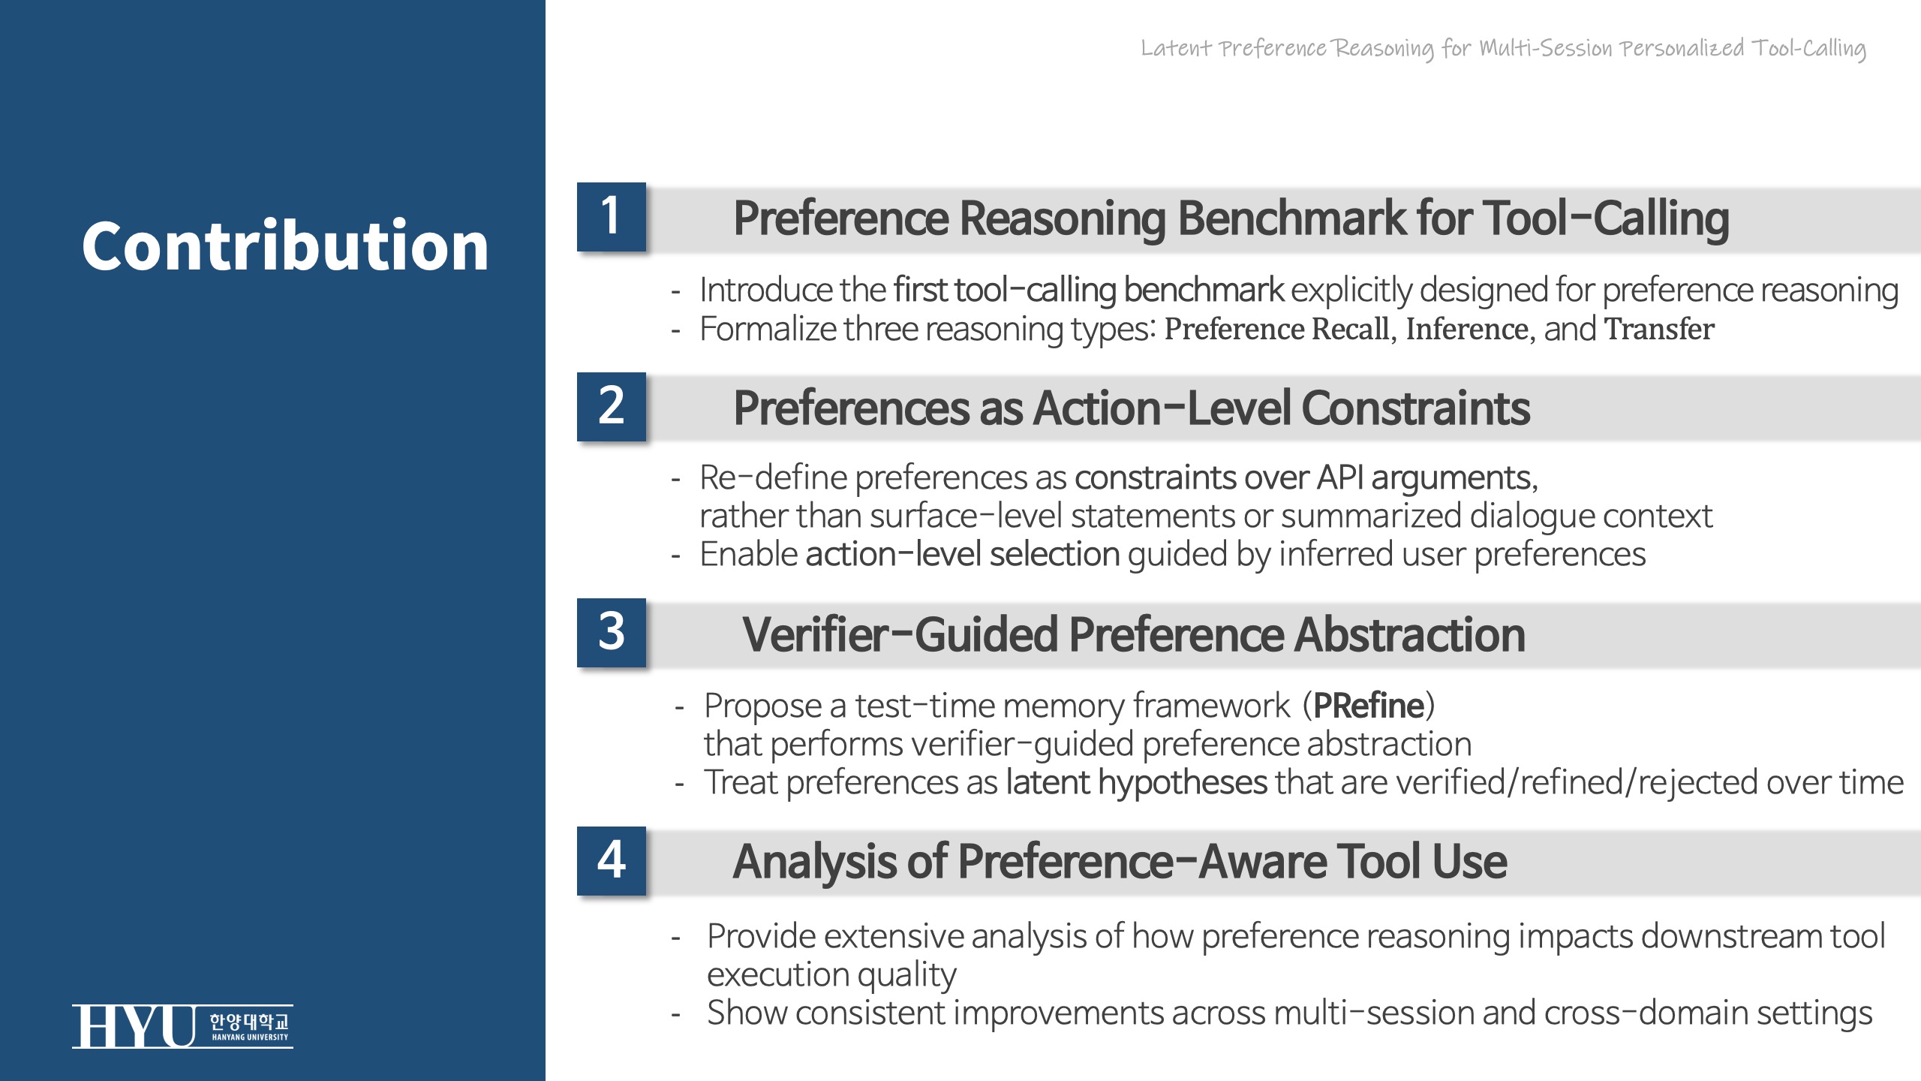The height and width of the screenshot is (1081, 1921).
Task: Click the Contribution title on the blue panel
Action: coord(285,245)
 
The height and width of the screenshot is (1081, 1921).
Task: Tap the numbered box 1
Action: coord(611,216)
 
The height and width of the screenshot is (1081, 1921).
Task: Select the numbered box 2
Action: coord(611,406)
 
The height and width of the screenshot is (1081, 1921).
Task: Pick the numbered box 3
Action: coord(611,632)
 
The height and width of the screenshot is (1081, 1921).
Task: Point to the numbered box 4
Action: coord(611,860)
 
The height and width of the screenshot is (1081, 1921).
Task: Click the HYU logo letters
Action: coord(134,1026)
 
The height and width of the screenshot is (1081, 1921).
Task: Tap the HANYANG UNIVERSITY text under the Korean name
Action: coord(250,1037)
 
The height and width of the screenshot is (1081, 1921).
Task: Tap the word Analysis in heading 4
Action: coord(814,863)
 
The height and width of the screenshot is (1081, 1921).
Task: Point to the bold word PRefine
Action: coord(1369,706)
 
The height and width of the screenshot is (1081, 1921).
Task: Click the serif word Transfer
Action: coord(1659,329)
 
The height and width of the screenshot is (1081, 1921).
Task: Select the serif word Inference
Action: coord(1467,329)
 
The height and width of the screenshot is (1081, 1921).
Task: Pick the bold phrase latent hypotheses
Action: coord(1136,783)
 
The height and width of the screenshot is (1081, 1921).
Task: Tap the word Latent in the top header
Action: coord(1176,48)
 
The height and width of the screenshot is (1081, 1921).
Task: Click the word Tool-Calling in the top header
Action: coord(1809,49)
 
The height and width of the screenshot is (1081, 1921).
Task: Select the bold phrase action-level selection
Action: coord(963,554)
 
